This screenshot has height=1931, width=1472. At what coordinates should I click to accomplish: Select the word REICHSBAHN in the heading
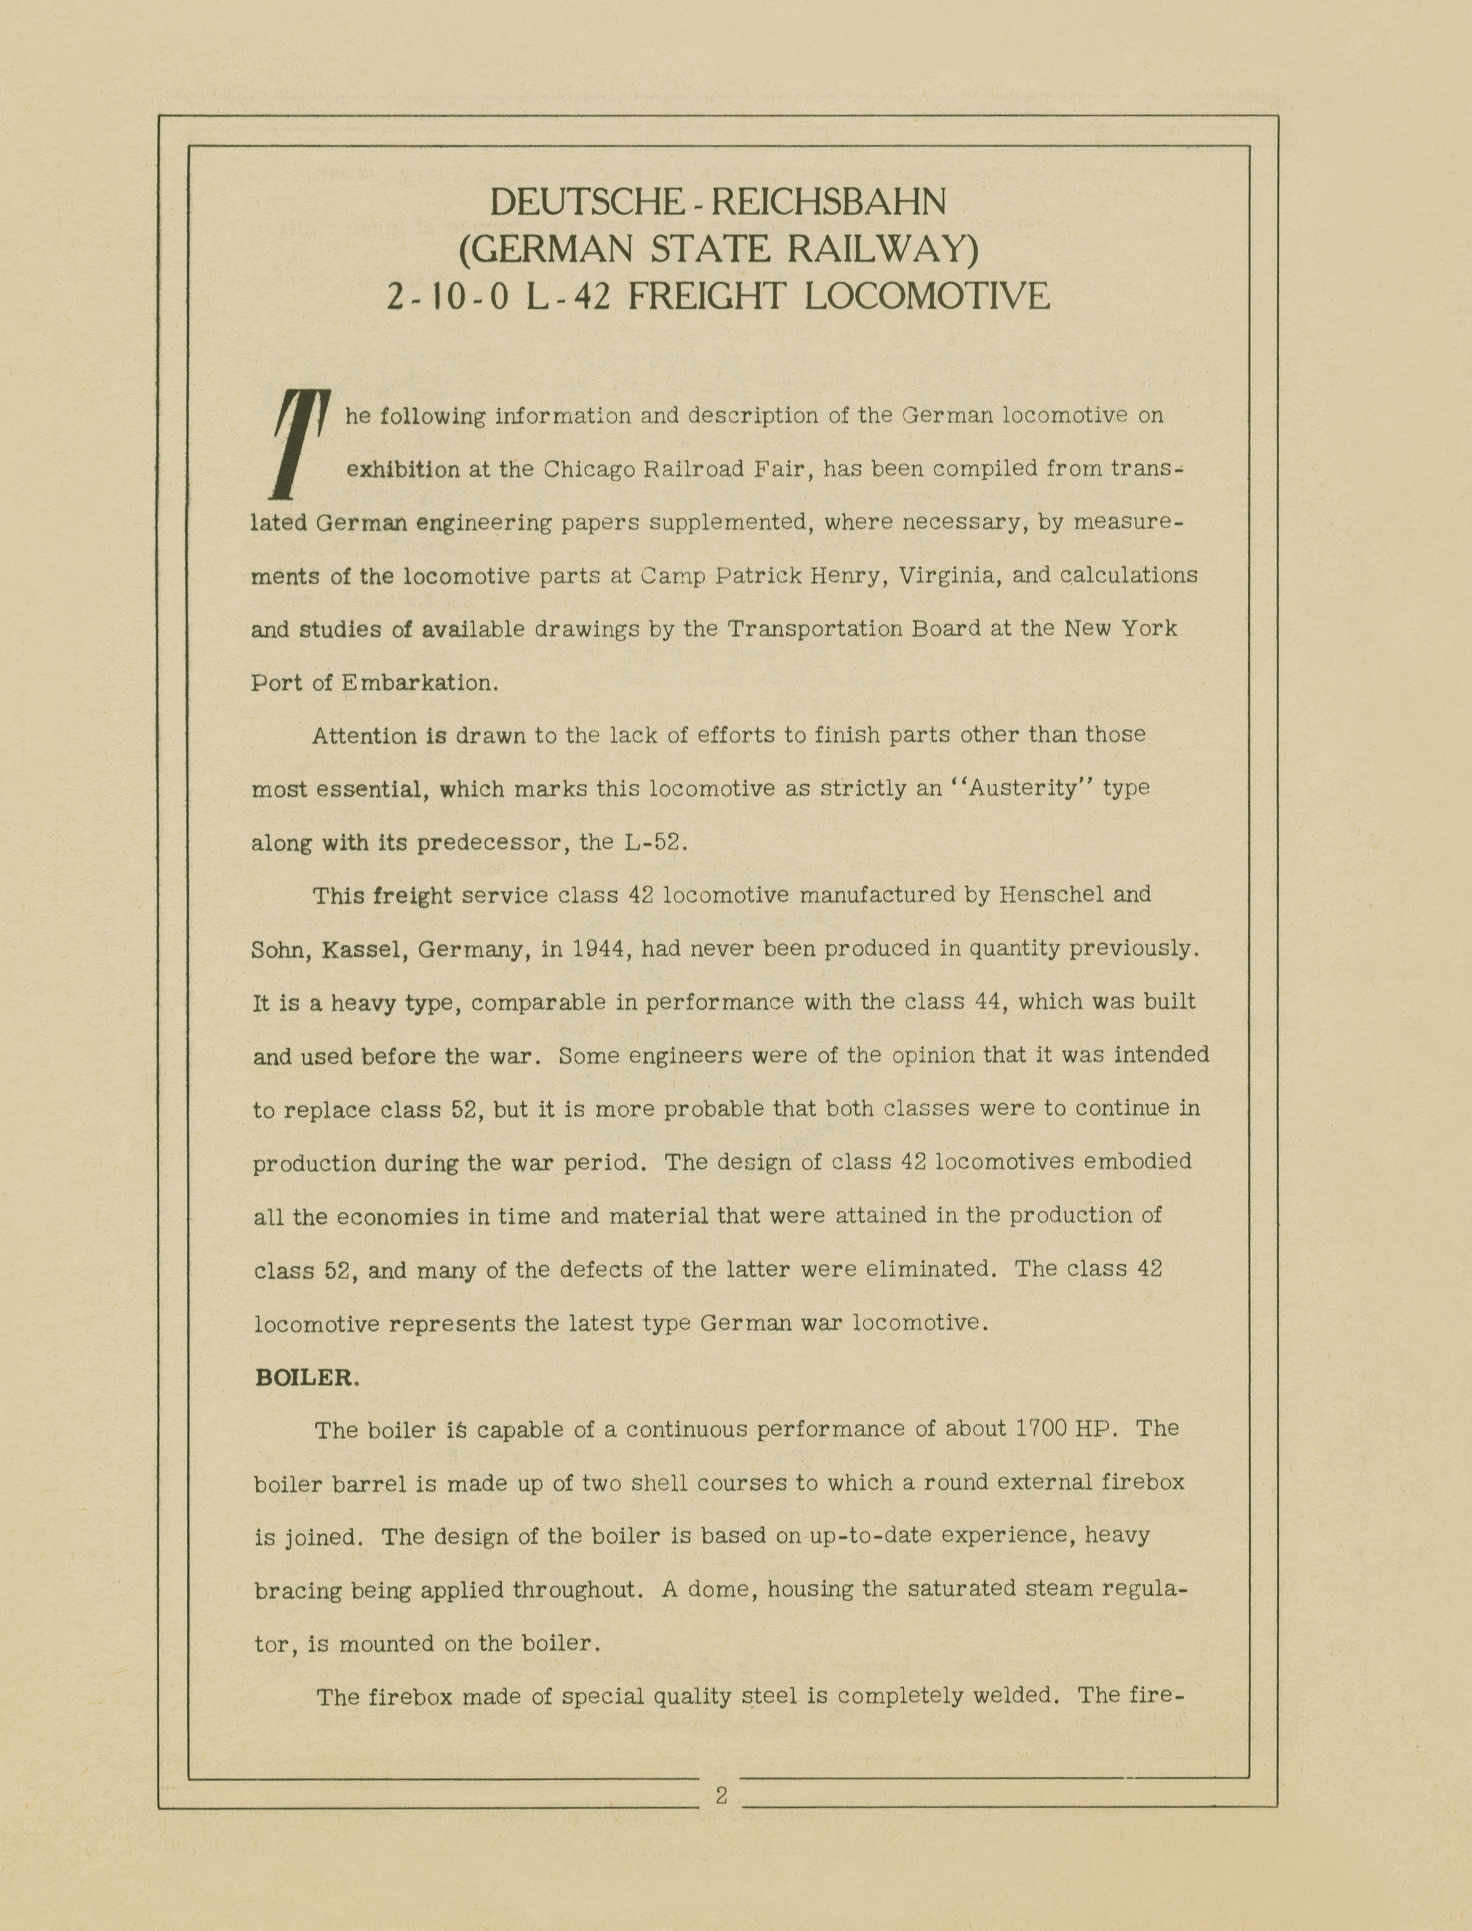tap(828, 202)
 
